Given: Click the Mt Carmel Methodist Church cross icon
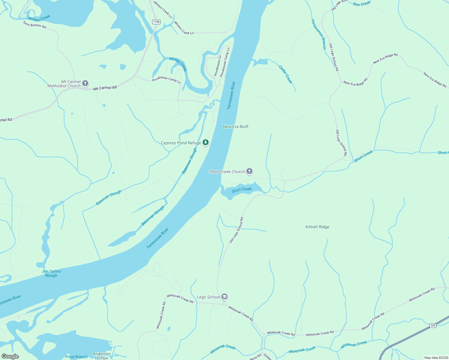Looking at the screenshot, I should tap(85, 83).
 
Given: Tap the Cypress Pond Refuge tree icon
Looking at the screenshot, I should tap(206, 142).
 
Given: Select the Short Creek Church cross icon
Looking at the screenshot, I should tap(249, 171).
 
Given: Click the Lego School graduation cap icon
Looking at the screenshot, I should tap(224, 297).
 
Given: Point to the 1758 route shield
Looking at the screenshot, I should tap(156, 22).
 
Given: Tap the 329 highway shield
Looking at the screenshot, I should tap(433, 325).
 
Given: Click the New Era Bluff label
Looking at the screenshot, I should tap(236, 127).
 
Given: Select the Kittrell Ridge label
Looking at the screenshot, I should tap(317, 227).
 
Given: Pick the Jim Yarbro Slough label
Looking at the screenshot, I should tap(51, 273).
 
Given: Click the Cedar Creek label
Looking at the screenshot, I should tap(285, 74).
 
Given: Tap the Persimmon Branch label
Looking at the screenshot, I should tap(318, 34).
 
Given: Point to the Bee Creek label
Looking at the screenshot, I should tap(362, 4).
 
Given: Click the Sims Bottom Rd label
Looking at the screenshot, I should tap(35, 25).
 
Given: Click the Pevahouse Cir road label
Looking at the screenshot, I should tap(218, 65).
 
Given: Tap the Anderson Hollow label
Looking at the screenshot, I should tap(102, 356).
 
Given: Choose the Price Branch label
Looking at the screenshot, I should tap(76, 357).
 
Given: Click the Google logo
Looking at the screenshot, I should tap(10, 356).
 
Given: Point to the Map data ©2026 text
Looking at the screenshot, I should tap(435, 358).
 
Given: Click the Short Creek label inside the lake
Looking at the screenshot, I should tap(242, 190).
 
